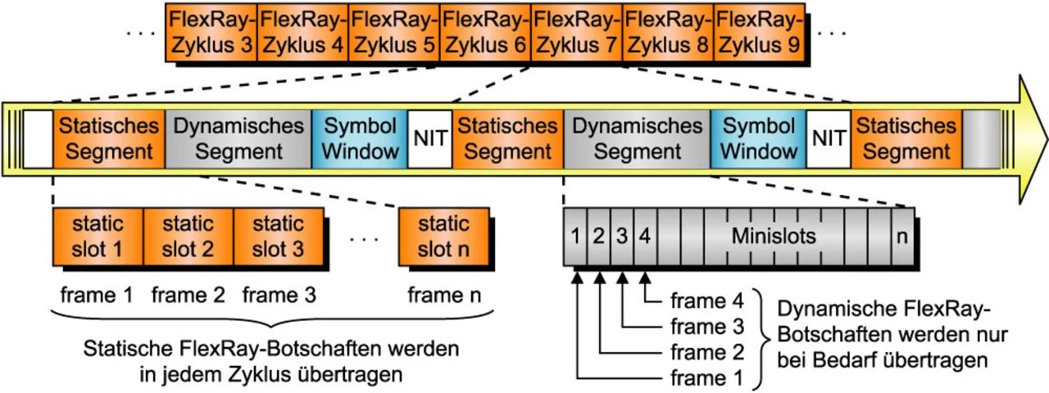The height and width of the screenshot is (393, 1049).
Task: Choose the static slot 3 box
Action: (279, 236)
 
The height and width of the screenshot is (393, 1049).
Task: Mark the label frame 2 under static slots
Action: (188, 294)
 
